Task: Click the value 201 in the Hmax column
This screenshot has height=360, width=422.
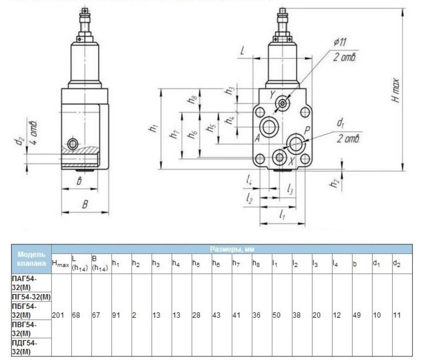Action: tap(58, 315)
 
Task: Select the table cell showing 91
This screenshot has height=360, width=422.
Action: tap(116, 315)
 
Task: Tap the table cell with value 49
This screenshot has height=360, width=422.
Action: tap(357, 315)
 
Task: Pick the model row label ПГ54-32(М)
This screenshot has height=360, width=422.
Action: tap(31, 297)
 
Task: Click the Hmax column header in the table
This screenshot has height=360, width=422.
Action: tap(60, 264)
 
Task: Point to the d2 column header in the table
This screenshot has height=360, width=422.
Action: tap(397, 263)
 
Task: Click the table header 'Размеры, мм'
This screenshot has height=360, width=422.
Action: tap(232, 249)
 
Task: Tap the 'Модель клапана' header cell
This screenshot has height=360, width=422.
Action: tap(31, 259)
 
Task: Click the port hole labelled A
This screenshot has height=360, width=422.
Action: tap(269, 127)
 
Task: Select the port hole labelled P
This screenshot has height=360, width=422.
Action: tap(296, 144)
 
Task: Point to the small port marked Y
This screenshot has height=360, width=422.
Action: tap(283, 103)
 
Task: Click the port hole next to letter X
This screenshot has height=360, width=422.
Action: tap(279, 157)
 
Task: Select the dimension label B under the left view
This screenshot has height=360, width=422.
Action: tap(85, 205)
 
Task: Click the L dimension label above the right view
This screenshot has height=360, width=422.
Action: tap(242, 51)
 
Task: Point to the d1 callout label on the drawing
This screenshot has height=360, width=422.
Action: tap(341, 123)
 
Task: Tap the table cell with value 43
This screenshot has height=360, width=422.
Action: tap(216, 315)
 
